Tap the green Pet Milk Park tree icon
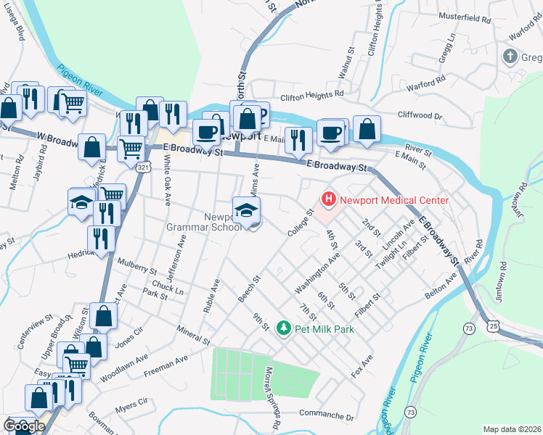tap(285, 328)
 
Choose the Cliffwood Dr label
tap(420, 115)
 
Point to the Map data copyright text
tap(512, 429)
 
